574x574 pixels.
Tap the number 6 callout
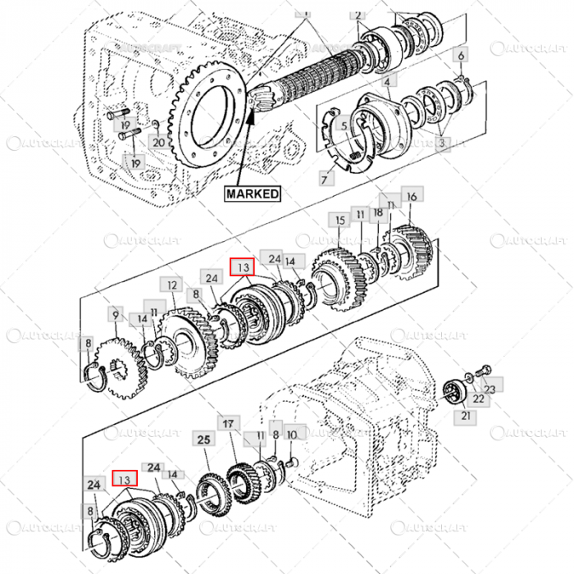pos(461,56)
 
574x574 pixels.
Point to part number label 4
pos(386,81)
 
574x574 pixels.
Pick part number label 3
pos(443,143)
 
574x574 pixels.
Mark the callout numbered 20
pos(158,142)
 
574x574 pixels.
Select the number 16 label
pos(412,196)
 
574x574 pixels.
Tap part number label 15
pos(339,221)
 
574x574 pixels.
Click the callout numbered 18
pos(378,212)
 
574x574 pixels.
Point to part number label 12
pos(171,285)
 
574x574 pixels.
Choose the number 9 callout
pos(116,313)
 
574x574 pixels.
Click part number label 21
pos(467,417)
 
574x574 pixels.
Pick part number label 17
pos(229,424)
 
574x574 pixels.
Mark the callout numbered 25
pos(204,440)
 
